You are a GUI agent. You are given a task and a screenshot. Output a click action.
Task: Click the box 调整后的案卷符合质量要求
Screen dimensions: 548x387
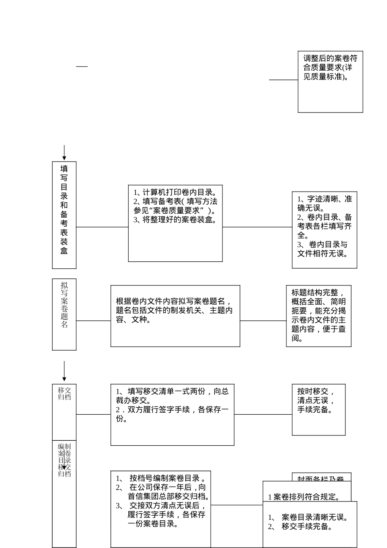[330, 82]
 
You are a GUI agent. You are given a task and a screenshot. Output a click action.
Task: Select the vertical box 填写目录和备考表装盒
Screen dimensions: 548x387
[64, 215]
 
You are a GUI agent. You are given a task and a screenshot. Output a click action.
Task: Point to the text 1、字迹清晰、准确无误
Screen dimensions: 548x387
[324, 203]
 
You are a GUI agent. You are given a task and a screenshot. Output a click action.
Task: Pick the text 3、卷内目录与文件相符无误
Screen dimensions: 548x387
[322, 249]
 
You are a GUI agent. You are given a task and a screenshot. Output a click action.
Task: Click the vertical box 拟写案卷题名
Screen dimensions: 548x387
[64, 314]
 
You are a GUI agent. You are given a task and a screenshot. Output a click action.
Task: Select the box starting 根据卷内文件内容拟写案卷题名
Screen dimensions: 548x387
[175, 316]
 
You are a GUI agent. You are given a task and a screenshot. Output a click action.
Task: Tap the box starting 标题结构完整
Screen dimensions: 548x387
[319, 316]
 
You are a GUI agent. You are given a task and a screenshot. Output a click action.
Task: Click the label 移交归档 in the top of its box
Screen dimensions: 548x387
[64, 393]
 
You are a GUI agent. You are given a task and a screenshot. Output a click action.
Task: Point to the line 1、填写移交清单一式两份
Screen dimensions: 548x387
[172, 396]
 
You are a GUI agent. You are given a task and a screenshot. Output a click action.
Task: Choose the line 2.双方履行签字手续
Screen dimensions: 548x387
[172, 414]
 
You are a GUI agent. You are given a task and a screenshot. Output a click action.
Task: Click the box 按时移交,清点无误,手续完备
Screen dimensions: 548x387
[319, 409]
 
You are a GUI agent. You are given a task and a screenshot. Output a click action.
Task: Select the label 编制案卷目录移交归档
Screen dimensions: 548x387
[64, 460]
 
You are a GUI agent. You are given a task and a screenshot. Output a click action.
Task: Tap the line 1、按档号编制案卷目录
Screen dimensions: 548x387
[161, 478]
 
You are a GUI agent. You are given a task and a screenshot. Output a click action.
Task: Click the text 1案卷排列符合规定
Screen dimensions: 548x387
[304, 497]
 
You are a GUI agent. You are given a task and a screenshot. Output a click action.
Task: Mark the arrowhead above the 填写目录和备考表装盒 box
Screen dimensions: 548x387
[64, 158]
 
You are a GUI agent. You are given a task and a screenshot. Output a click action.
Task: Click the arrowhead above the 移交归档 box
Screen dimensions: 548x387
[64, 379]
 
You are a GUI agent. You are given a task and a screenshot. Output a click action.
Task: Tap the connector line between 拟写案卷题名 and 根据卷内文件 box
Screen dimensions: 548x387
[93, 320]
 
